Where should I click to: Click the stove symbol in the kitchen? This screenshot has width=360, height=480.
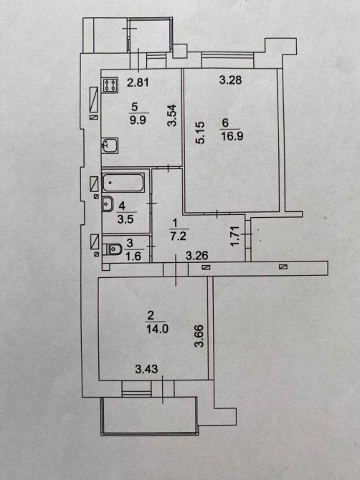pyautogui.click(x=110, y=85)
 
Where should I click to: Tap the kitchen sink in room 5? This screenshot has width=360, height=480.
pyautogui.click(x=110, y=145)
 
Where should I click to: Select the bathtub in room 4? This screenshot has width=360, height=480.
pyautogui.click(x=123, y=183)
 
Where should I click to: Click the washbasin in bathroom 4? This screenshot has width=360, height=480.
pyautogui.click(x=108, y=204)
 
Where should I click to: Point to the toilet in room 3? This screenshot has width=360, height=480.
pyautogui.click(x=112, y=249)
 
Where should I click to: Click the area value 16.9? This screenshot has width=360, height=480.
pyautogui.click(x=232, y=135)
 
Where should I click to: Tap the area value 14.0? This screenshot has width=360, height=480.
pyautogui.click(x=157, y=329)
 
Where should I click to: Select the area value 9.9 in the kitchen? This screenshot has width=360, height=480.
pyautogui.click(x=138, y=120)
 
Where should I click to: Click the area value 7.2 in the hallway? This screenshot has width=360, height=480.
pyautogui.click(x=179, y=236)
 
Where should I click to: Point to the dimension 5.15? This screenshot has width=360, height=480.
pyautogui.click(x=200, y=133)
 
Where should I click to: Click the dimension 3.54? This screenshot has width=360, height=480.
pyautogui.click(x=172, y=115)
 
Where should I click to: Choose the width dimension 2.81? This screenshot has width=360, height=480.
pyautogui.click(x=138, y=82)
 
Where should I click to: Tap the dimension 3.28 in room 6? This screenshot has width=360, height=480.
pyautogui.click(x=230, y=80)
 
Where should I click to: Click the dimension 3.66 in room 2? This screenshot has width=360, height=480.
pyautogui.click(x=199, y=336)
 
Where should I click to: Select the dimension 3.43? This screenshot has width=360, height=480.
pyautogui.click(x=146, y=369)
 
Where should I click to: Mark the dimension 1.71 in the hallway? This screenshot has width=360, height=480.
pyautogui.click(x=235, y=236)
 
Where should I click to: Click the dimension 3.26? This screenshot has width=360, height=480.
pyautogui.click(x=197, y=255)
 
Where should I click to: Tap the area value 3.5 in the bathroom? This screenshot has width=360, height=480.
pyautogui.click(x=125, y=219)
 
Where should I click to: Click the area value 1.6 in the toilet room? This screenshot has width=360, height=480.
pyautogui.click(x=133, y=256)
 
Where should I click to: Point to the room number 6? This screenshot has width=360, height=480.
pyautogui.click(x=225, y=123)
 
